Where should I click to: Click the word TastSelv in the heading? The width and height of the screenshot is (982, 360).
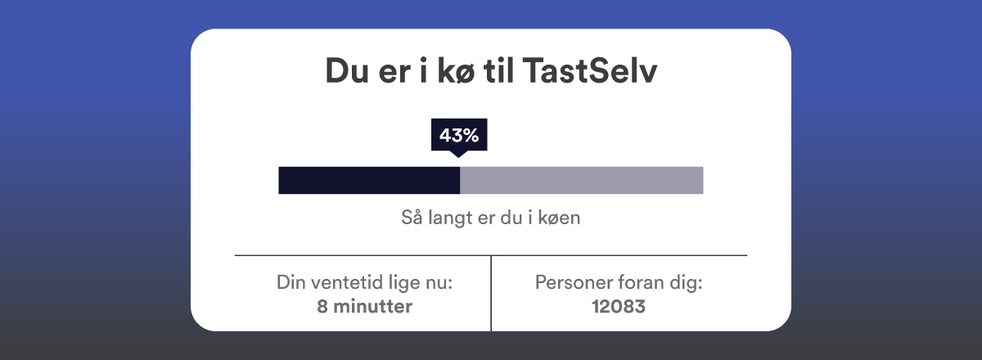click(590, 70)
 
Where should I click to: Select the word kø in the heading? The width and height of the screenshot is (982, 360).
click(456, 70)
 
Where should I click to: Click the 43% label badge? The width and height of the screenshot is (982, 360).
click(459, 135)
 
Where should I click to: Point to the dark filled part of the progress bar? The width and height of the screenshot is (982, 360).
click(369, 180)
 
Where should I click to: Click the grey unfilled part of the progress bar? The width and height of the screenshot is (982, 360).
click(582, 180)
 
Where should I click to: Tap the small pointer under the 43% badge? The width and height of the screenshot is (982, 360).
click(458, 154)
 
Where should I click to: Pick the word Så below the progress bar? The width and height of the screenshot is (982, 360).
click(412, 217)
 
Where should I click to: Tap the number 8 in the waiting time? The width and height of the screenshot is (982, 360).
click(322, 307)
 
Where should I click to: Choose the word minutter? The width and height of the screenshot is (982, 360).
click(372, 307)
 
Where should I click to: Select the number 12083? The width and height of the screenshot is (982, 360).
click(619, 307)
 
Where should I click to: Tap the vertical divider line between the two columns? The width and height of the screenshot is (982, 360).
click(491, 293)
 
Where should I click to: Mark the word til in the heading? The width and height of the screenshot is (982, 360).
click(498, 70)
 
